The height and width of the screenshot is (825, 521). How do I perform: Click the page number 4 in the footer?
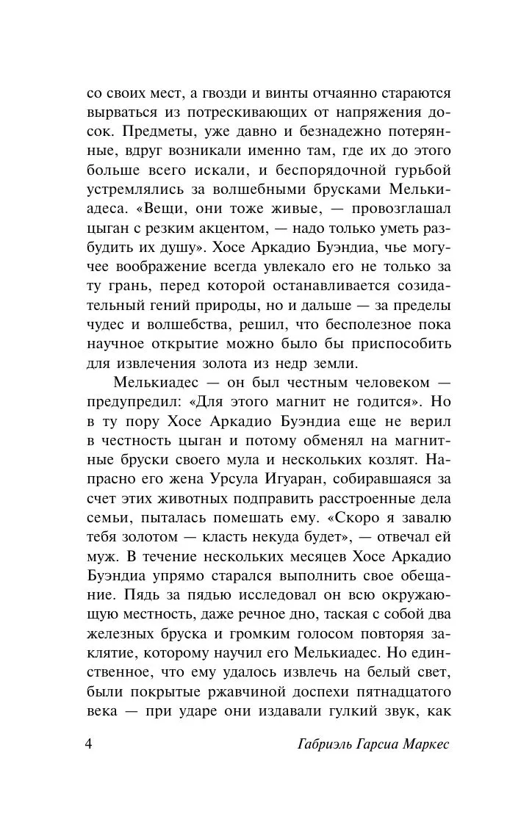[89, 745]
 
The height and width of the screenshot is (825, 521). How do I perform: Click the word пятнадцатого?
[398, 691]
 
